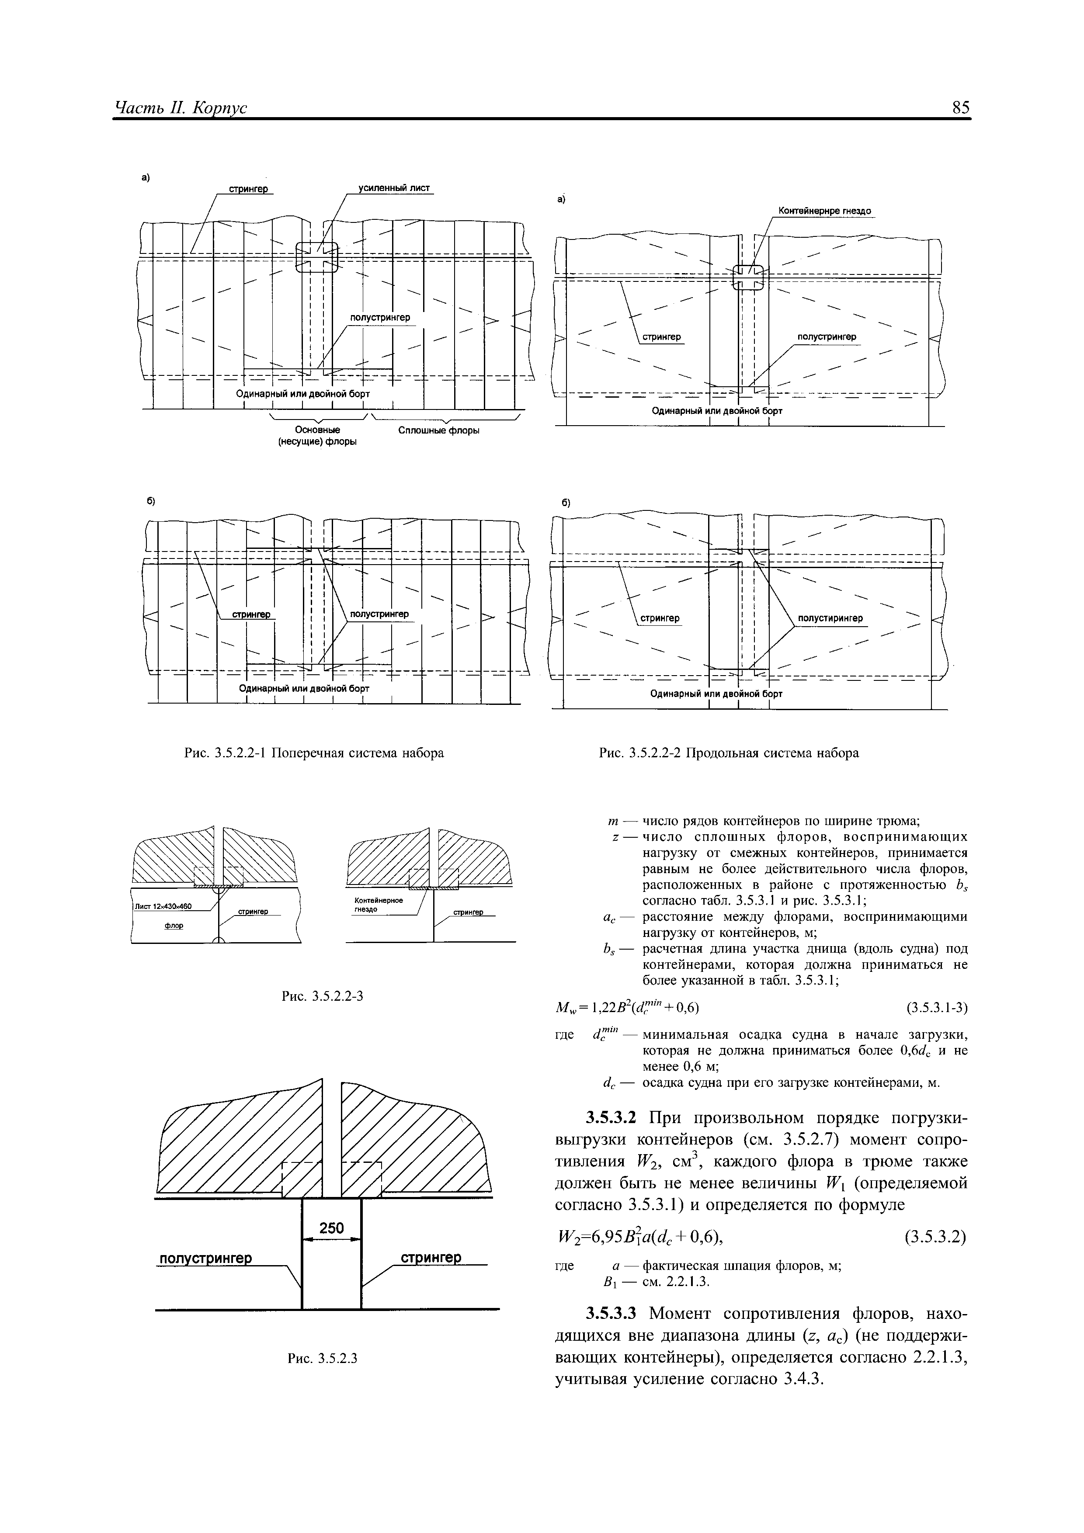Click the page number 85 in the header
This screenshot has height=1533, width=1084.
[x=960, y=108]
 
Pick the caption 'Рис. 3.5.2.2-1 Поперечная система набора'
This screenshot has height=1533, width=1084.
[x=314, y=753]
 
